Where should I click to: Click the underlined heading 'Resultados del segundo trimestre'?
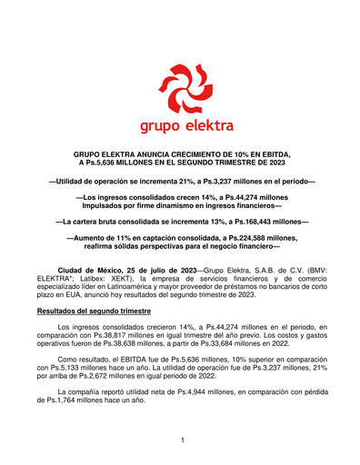click(x=100, y=310)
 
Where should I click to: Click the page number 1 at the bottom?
click(x=182, y=440)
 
